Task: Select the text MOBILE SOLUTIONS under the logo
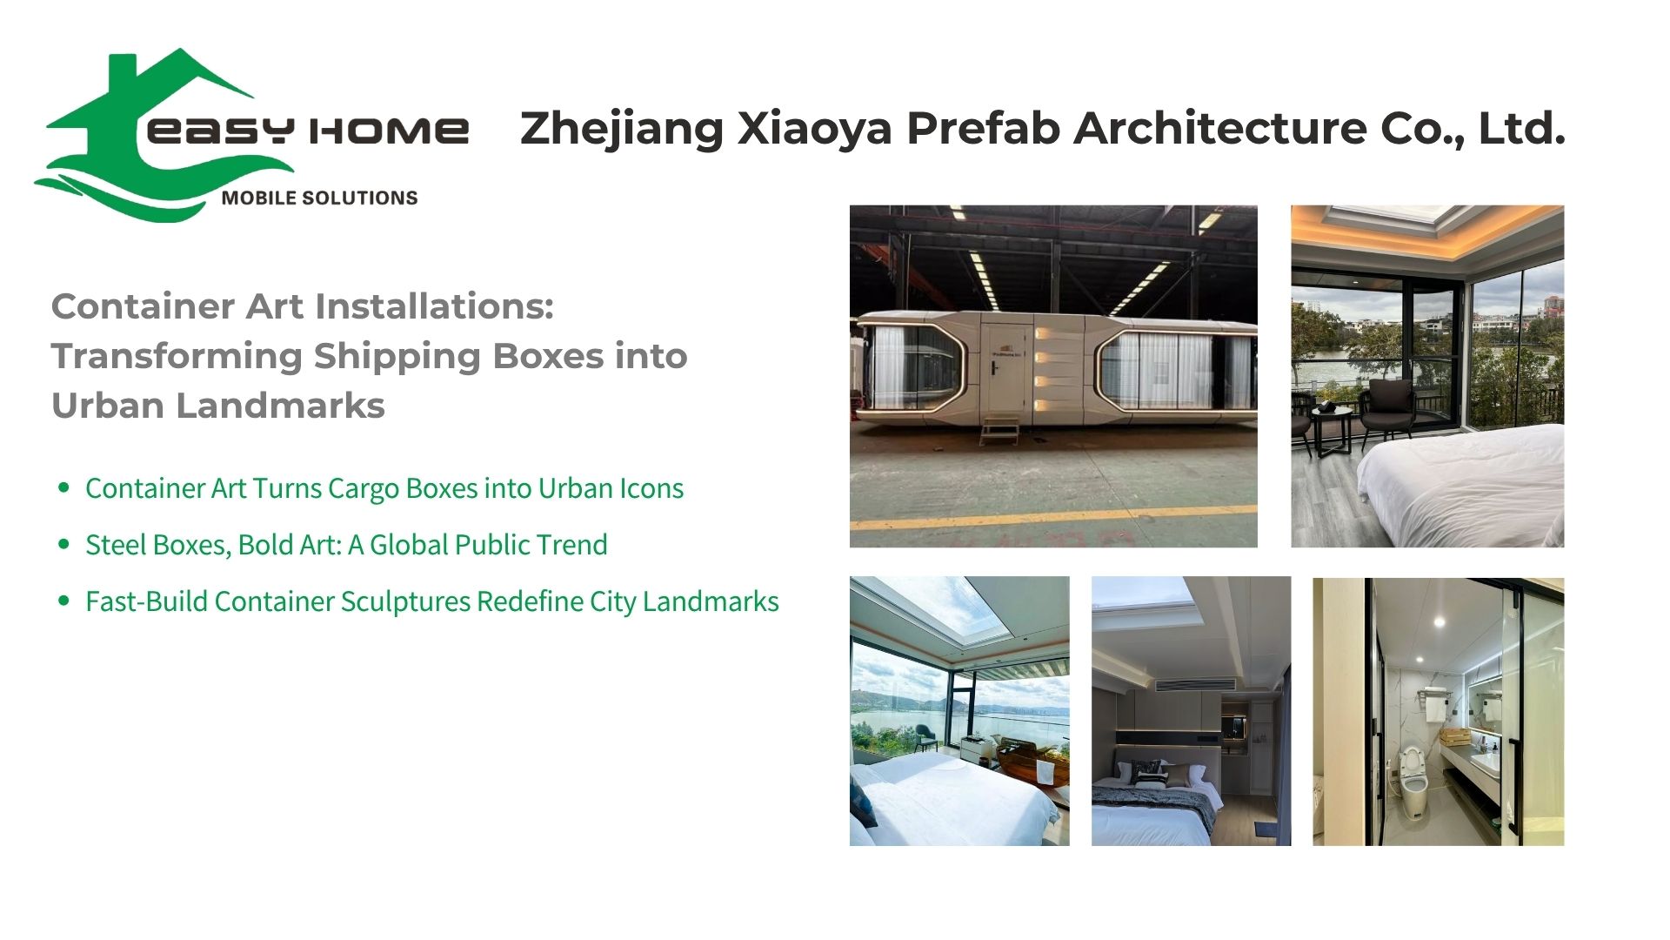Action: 319,198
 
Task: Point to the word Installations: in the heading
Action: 434,306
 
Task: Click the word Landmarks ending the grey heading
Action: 280,406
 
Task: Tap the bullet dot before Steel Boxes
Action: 63,544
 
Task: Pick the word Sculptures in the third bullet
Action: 405,601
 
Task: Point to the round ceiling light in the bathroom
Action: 1436,621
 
